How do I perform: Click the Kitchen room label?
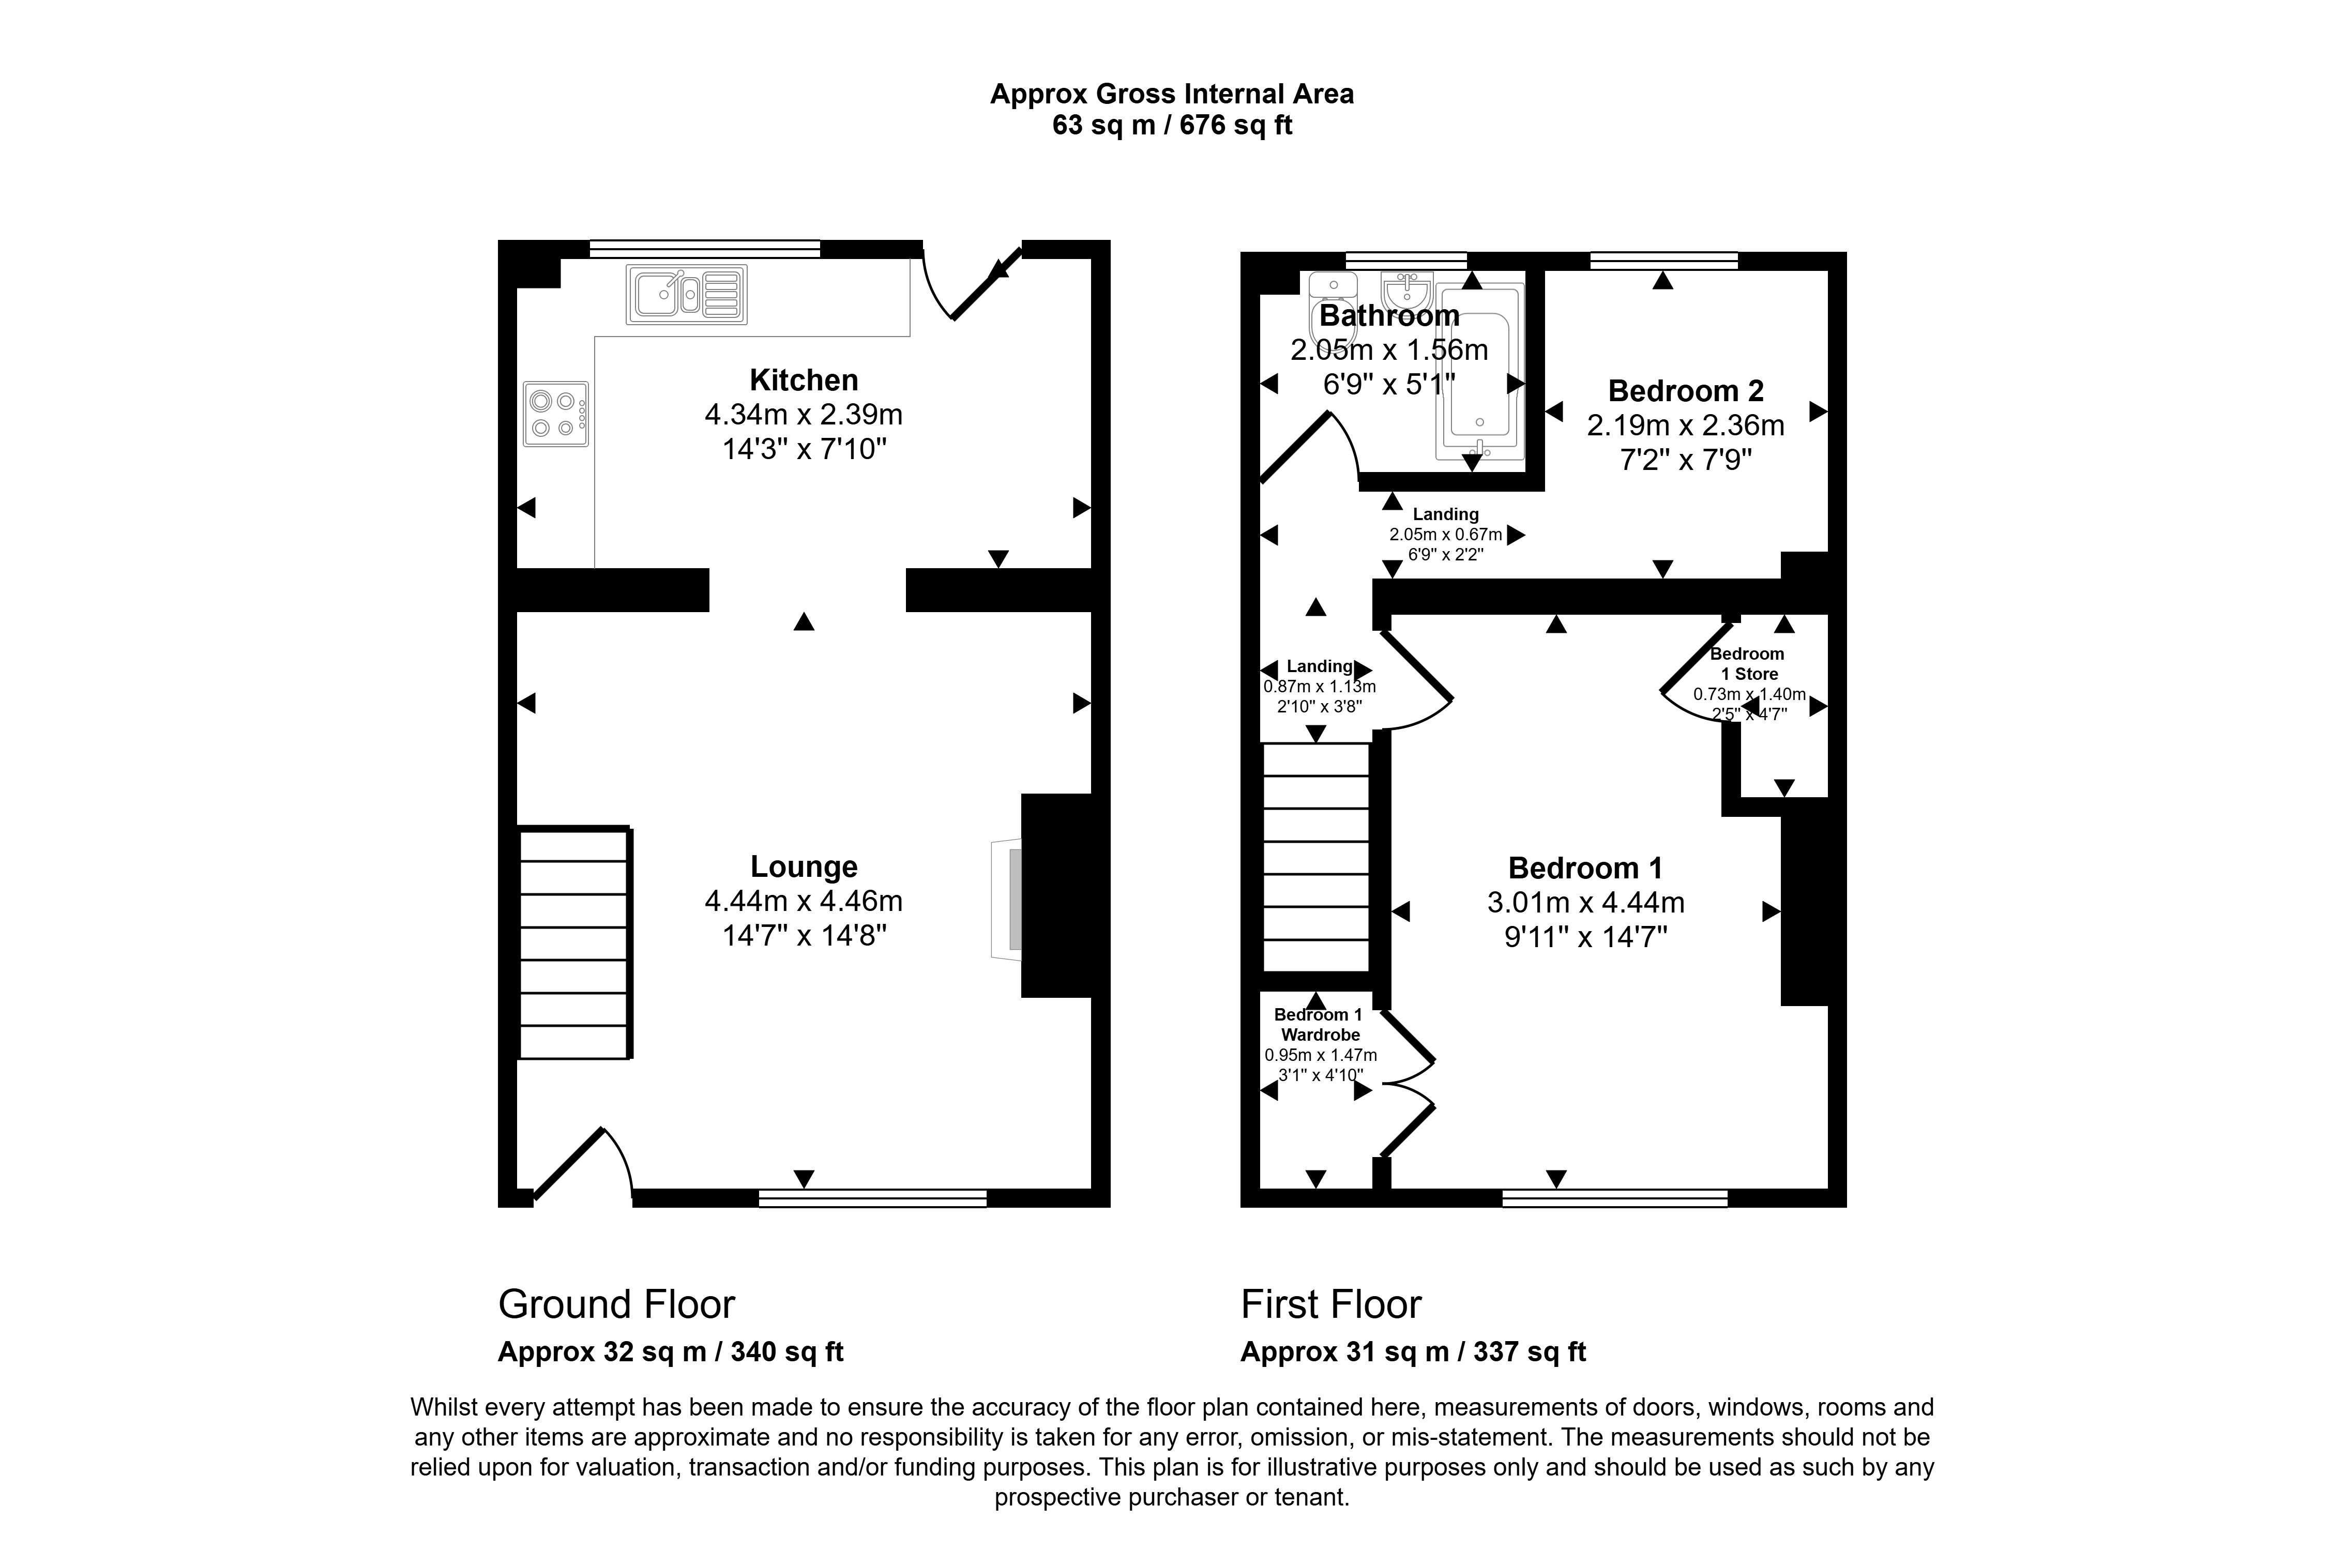coord(803,380)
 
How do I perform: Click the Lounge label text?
coord(803,866)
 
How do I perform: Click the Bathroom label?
coord(1388,315)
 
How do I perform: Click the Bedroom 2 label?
coord(1685,391)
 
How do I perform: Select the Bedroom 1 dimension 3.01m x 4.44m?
coord(1585,902)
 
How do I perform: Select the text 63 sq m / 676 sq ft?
coord(1172,126)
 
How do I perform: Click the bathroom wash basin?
coord(1405,290)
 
